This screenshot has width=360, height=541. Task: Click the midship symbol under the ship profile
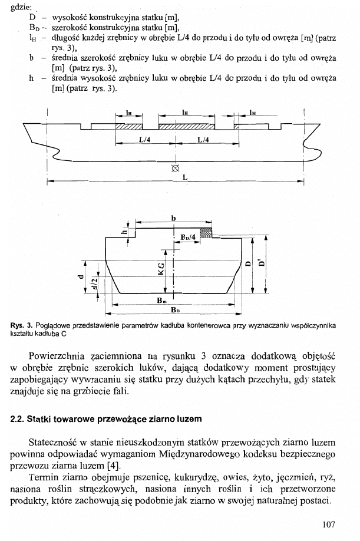point(174,168)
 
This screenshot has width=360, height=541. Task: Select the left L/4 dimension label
point(144,140)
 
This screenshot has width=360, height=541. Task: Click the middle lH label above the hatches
point(185,111)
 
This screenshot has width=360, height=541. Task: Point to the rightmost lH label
point(252,111)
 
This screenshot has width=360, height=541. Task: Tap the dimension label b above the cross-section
point(173,218)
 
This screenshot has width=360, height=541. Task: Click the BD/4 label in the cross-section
point(189,238)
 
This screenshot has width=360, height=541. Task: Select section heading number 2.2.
point(18,419)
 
